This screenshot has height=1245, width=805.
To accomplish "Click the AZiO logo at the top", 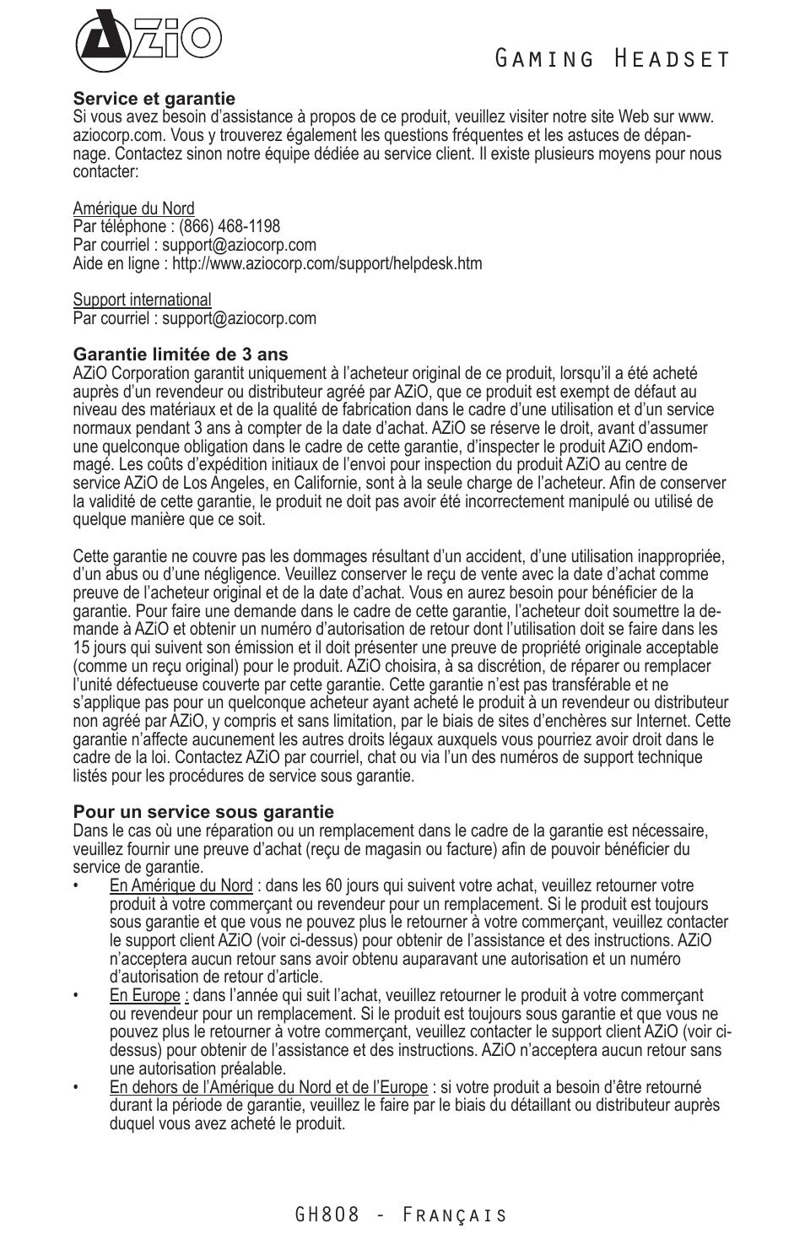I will pyautogui.click(x=147, y=41).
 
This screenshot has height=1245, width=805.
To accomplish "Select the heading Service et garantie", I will pyautogui.click(x=154, y=99).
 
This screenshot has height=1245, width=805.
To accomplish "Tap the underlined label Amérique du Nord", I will pyautogui.click(x=133, y=208).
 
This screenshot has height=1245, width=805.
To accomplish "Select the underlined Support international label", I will pyautogui.click(x=142, y=300).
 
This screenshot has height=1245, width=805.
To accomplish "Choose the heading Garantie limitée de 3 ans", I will pyautogui.click(x=180, y=355).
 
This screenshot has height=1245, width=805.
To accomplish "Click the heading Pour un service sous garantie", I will pyautogui.click(x=203, y=812).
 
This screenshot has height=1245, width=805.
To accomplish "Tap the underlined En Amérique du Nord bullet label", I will pyautogui.click(x=181, y=885).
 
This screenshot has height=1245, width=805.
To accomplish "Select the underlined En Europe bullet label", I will pyautogui.click(x=144, y=995).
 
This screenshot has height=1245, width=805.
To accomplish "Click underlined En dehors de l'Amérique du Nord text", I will pyautogui.click(x=268, y=1087).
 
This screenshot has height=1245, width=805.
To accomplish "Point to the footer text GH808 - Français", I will pyautogui.click(x=402, y=1215).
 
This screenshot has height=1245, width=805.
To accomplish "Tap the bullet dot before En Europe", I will pyautogui.click(x=77, y=996).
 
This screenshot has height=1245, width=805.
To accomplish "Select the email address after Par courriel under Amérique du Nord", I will pyautogui.click(x=239, y=245).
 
